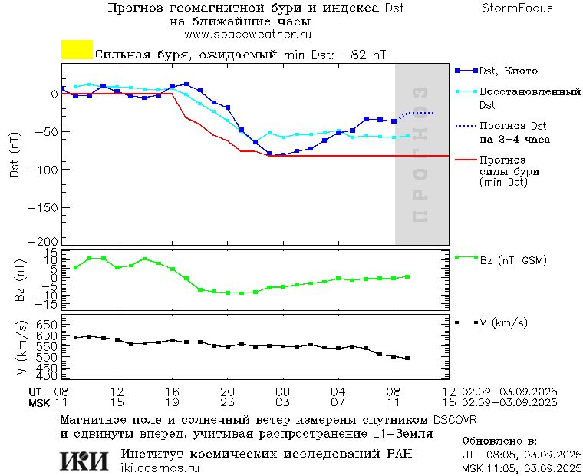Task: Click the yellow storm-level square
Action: point(77,50)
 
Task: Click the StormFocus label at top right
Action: point(517,8)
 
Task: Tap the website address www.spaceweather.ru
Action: point(248,35)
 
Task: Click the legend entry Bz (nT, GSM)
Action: point(513,260)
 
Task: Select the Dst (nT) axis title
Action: point(15,158)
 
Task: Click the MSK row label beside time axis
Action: point(28,402)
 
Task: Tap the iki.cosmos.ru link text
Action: point(160,468)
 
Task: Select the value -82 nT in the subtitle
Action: point(364,55)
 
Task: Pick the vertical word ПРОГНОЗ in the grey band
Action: point(420,154)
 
